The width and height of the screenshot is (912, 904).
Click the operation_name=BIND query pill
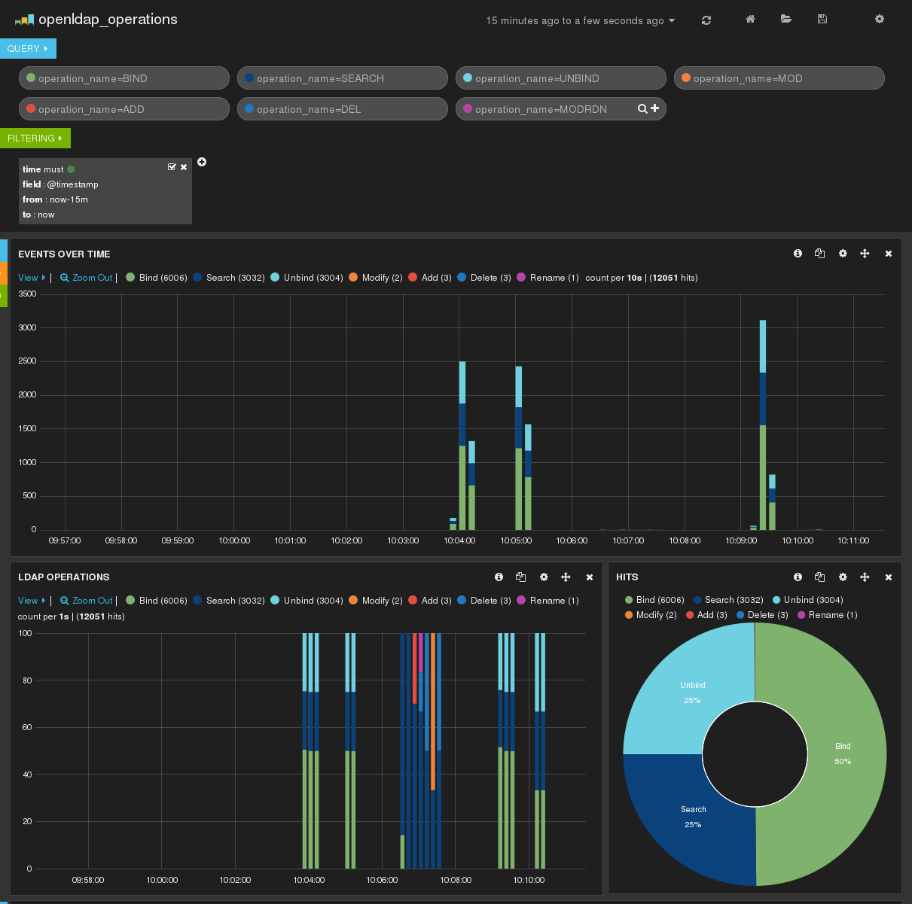124,78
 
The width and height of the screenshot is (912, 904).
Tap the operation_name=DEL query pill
342,109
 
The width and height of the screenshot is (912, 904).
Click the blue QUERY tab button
28,49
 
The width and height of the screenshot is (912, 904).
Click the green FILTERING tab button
35,138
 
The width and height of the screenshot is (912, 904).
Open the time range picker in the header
580,20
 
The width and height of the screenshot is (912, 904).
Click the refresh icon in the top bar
706,20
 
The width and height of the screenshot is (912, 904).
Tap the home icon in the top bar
750,20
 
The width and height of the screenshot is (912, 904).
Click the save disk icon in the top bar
822,20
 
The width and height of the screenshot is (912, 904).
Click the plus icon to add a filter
202,163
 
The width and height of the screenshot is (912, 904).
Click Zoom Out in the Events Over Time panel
87,278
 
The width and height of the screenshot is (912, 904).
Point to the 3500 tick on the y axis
27,294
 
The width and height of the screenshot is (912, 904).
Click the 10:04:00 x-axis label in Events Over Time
459,540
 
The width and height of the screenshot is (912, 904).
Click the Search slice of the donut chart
693,816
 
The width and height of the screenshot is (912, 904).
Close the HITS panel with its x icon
889,577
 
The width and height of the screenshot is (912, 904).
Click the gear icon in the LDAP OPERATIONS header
544,577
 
